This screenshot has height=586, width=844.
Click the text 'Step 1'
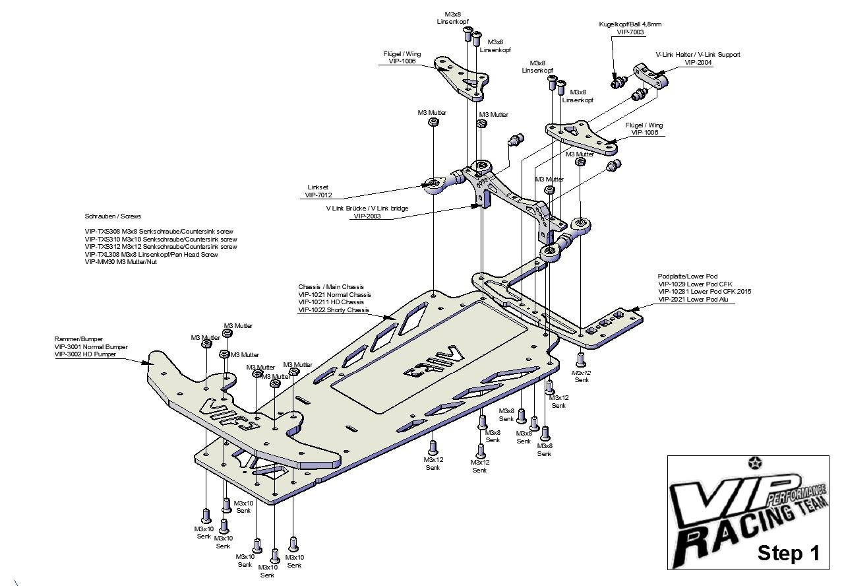[788, 553]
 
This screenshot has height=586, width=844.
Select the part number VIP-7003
[630, 32]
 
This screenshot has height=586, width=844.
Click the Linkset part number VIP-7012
[318, 195]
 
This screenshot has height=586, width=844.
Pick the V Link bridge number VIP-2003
[368, 216]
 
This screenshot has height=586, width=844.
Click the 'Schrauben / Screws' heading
[113, 216]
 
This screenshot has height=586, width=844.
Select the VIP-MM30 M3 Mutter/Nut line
[121, 262]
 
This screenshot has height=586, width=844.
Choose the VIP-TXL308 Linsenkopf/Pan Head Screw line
[151, 254]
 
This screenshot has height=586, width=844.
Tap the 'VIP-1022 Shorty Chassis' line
[334, 310]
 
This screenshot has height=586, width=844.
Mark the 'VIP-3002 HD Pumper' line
[85, 354]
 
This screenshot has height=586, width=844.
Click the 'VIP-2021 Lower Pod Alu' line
[694, 300]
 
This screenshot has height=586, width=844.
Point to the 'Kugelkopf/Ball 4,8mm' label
[630, 24]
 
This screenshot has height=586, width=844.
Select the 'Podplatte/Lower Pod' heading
[688, 276]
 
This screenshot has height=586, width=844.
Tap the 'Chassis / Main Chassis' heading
[331, 287]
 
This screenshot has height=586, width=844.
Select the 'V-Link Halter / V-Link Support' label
[698, 55]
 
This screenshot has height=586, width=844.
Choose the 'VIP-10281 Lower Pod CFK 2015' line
[704, 292]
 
